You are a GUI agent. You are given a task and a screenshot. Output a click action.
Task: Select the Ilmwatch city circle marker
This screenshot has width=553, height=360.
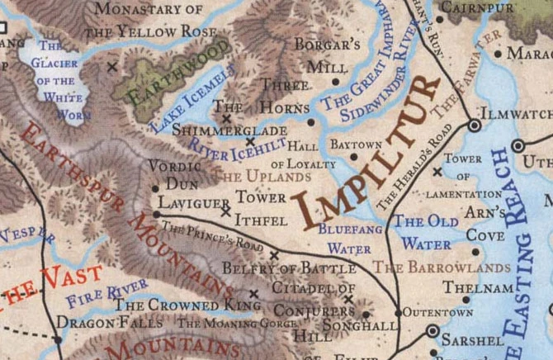pyautogui.click(x=475, y=125)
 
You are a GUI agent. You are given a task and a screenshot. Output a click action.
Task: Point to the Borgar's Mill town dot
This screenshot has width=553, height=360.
pyautogui.click(x=336, y=82)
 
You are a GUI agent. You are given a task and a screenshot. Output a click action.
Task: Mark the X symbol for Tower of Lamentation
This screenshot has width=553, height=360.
pyautogui.click(x=437, y=173)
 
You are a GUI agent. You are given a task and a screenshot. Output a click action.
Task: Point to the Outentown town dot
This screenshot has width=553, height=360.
pyautogui.click(x=398, y=313)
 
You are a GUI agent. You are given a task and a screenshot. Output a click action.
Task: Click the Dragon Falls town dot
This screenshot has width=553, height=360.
pyautogui.click(x=58, y=339)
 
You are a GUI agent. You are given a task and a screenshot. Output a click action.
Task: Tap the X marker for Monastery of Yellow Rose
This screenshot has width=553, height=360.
pyautogui.click(x=113, y=65)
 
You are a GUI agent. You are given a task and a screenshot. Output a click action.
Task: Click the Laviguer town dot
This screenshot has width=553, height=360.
pyautogui.click(x=157, y=214)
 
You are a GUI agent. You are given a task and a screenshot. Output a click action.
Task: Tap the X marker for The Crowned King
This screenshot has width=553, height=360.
pyautogui.click(x=253, y=293)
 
